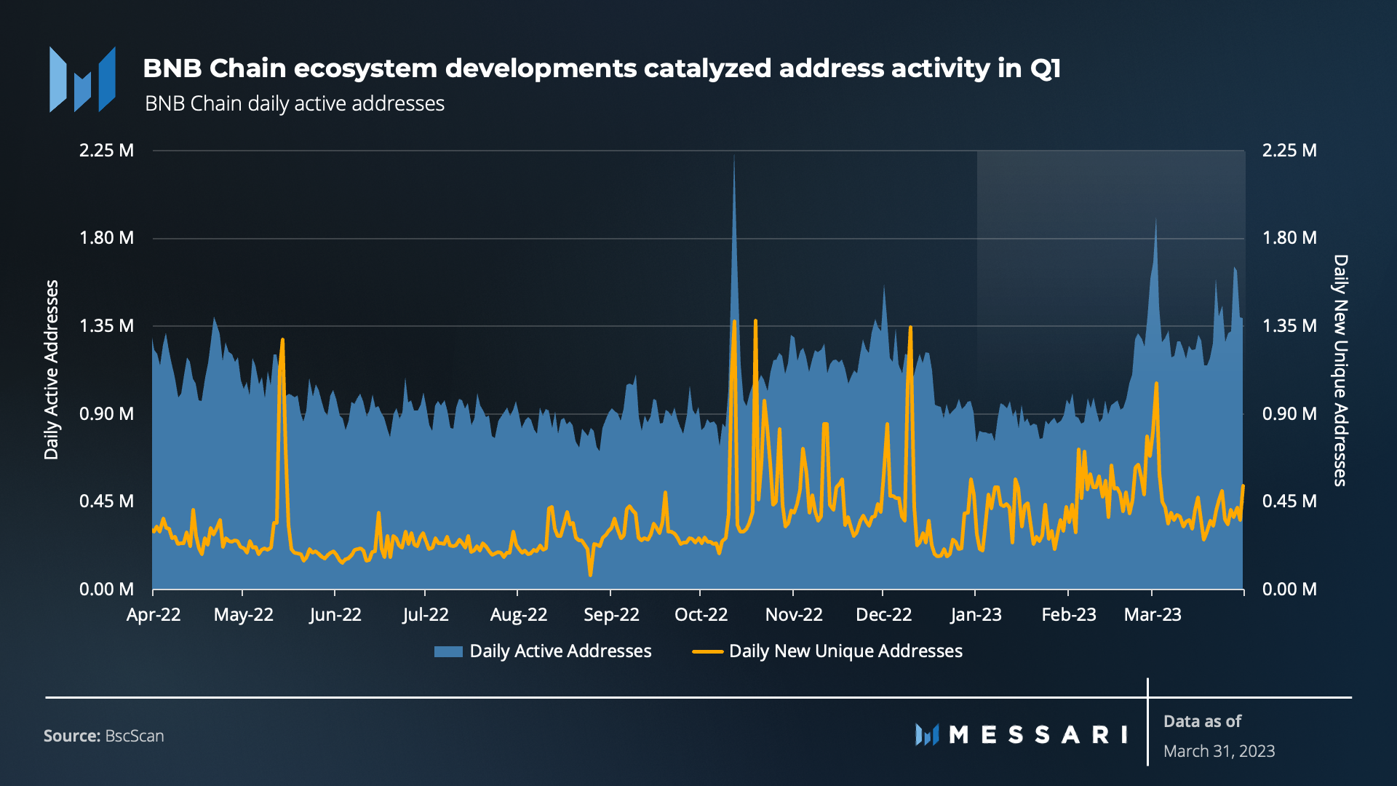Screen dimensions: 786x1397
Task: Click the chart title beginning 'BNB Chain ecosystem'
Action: tap(601, 68)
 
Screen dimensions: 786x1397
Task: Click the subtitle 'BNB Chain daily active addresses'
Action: tap(294, 104)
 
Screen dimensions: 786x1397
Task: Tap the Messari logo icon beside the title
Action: tap(82, 80)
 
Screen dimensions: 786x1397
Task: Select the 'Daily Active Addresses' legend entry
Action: tap(543, 651)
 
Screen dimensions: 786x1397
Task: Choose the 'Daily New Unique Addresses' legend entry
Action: tap(827, 651)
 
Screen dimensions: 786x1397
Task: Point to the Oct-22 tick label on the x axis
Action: tap(701, 615)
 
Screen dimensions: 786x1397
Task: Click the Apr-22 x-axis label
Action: tap(154, 615)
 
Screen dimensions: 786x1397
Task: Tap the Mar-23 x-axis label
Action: tap(1153, 615)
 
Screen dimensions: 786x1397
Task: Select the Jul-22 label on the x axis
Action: tap(426, 615)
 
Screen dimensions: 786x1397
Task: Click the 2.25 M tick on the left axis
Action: tap(106, 151)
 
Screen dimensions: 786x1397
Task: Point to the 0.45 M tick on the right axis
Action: tap(1289, 501)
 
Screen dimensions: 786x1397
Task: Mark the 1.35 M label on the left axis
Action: tap(106, 326)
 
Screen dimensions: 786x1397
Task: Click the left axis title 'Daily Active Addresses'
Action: tap(51, 370)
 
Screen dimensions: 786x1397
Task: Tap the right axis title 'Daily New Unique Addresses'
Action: tap(1340, 370)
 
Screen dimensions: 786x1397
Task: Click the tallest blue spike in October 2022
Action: tap(734, 157)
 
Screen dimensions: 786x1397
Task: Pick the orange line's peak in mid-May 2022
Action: tap(282, 340)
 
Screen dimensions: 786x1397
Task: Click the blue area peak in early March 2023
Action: tap(1155, 220)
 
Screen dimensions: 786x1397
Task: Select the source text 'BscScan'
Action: tap(134, 736)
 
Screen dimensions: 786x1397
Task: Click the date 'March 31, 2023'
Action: tap(1219, 751)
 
